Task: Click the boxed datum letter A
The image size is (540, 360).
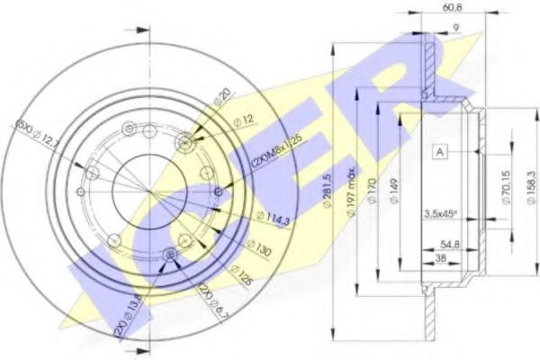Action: pyautogui.click(x=439, y=152)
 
